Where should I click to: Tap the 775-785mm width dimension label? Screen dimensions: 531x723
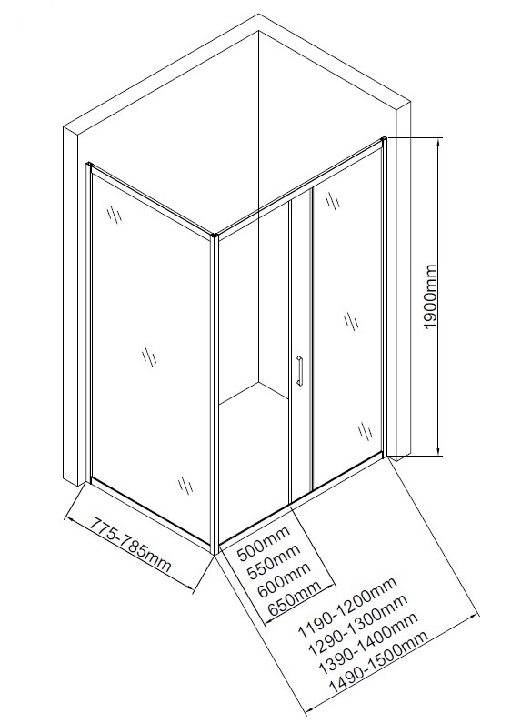(x=130, y=544)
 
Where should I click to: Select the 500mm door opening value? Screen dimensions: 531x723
(x=264, y=543)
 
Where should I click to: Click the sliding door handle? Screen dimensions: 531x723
(x=299, y=370)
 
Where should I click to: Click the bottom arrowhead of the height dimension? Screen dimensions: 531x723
(x=438, y=450)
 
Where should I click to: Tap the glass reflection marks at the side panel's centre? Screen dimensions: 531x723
(x=149, y=356)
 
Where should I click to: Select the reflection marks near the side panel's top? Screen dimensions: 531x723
(x=115, y=214)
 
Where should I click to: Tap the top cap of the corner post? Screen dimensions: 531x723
(x=215, y=236)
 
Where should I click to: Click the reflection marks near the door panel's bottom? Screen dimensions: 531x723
(x=366, y=431)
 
